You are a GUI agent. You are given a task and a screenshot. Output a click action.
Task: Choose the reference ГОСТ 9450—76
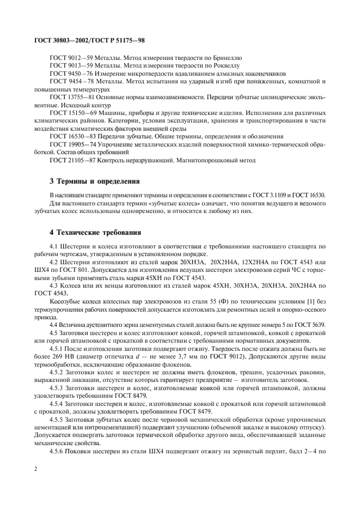68,73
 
